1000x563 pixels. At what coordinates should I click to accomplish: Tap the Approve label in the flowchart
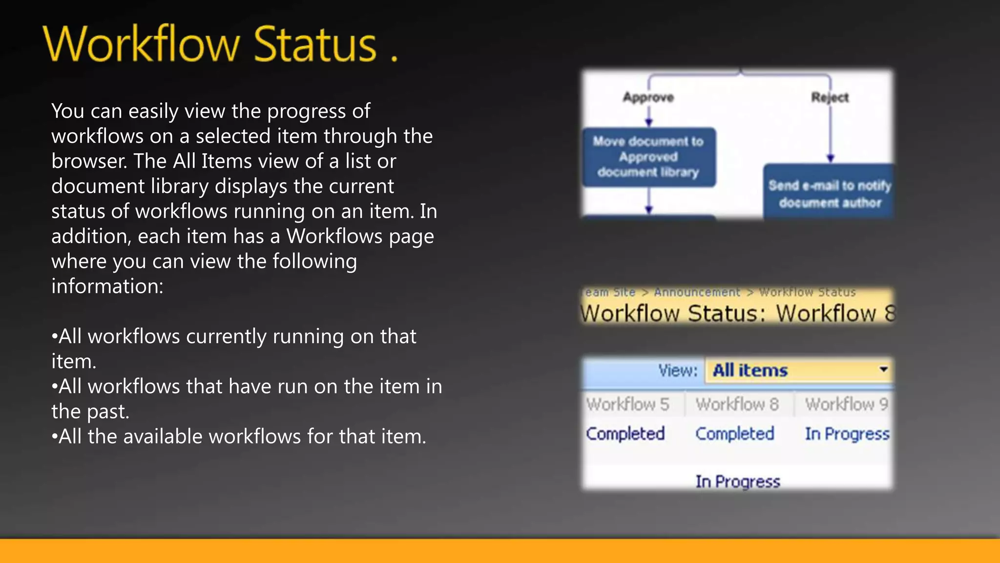648,97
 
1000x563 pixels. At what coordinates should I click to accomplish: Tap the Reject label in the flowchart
830,97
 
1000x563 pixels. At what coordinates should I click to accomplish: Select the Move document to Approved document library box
648,157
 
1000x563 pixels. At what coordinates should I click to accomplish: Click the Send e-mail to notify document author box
830,194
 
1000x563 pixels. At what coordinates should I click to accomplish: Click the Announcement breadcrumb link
697,292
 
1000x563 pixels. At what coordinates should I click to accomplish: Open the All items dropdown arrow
883,369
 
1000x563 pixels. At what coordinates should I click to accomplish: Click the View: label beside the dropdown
678,370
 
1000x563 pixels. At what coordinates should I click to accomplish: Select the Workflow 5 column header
627,404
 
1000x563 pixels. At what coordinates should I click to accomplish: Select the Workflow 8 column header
737,404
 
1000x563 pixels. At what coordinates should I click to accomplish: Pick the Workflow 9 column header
846,404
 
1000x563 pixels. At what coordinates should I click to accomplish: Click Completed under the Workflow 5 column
625,433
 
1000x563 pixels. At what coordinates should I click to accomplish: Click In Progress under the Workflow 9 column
847,433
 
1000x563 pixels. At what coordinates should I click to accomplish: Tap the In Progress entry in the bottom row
738,481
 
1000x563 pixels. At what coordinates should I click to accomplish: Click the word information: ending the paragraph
107,286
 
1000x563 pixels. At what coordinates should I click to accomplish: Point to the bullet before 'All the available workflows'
54,437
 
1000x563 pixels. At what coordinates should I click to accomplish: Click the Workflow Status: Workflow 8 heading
737,313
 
